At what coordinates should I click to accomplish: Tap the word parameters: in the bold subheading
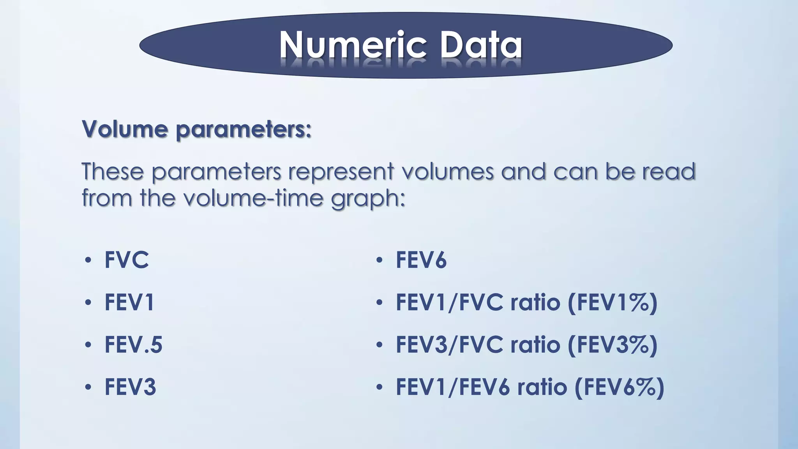pyautogui.click(x=244, y=130)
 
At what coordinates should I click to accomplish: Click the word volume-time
pyautogui.click(x=253, y=198)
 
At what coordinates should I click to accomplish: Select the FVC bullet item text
pyautogui.click(x=127, y=260)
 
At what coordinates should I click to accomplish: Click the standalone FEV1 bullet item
pyautogui.click(x=129, y=302)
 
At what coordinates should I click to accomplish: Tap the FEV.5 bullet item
pyautogui.click(x=133, y=345)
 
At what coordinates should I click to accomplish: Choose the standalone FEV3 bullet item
pyautogui.click(x=130, y=387)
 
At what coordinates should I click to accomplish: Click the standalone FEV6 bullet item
pyautogui.click(x=421, y=260)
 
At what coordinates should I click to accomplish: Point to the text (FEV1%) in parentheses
pyautogui.click(x=613, y=302)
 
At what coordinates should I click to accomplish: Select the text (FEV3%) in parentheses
pyautogui.click(x=613, y=345)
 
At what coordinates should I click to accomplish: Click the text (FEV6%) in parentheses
pyautogui.click(x=619, y=387)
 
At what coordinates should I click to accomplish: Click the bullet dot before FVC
pyautogui.click(x=88, y=260)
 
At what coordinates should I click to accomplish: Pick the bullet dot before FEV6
pyautogui.click(x=380, y=260)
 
